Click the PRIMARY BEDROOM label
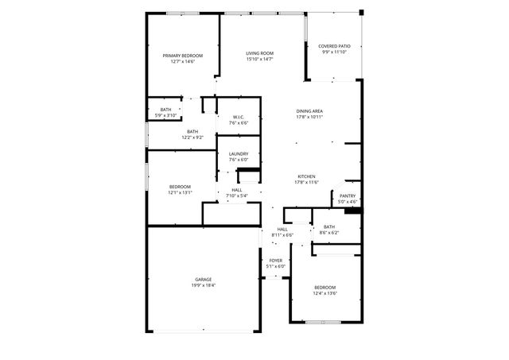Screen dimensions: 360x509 (182, 56)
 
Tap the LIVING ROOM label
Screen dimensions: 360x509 (259, 53)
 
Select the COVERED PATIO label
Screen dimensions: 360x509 (334, 47)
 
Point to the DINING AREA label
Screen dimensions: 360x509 (309, 110)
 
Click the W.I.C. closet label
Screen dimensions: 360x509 (239, 118)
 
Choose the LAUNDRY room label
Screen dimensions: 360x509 (239, 153)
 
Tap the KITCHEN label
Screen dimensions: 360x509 (307, 176)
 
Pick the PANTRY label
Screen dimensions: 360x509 (348, 195)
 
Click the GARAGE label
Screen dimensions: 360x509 (204, 279)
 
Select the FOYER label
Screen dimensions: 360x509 (275, 261)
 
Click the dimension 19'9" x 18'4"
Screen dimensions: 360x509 (204, 285)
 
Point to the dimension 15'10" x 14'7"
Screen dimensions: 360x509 (259, 60)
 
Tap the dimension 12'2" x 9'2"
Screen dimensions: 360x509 (192, 137)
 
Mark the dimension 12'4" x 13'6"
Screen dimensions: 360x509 (324, 293)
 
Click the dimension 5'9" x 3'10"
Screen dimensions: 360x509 (165, 115)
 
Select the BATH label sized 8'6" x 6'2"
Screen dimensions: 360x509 (329, 226)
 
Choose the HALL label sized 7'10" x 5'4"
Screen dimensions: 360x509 (237, 190)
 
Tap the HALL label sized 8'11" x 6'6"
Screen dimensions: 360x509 (282, 229)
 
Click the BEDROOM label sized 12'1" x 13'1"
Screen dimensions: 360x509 (180, 186)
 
